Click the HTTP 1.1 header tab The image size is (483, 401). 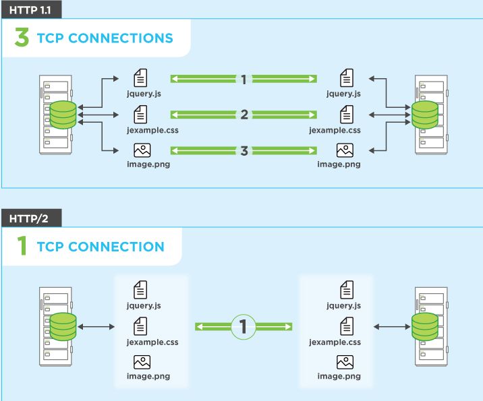click(x=32, y=9)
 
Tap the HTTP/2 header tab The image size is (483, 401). click(x=32, y=218)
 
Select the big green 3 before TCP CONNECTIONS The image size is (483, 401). click(x=22, y=37)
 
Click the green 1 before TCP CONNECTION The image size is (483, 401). click(x=22, y=245)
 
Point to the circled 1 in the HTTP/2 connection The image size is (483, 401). click(x=244, y=326)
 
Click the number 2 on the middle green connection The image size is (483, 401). click(x=244, y=115)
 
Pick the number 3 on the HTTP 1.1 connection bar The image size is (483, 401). click(x=244, y=151)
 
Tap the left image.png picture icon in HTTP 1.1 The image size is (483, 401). click(x=142, y=150)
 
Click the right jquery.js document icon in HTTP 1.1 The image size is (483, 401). click(x=347, y=78)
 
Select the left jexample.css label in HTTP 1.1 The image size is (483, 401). click(x=152, y=130)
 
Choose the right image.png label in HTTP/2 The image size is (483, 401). click(x=339, y=376)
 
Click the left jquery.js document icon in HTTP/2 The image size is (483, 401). click(x=140, y=290)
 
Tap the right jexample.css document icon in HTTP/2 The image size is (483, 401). click(x=347, y=326)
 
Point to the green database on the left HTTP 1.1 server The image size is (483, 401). click(x=63, y=115)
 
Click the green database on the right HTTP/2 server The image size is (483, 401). click(x=425, y=327)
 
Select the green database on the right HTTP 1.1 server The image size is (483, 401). click(x=425, y=115)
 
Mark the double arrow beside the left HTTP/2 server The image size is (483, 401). click(x=96, y=326)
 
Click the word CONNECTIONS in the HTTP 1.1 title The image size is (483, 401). click(x=121, y=38)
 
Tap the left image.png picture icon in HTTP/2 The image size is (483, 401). click(x=142, y=362)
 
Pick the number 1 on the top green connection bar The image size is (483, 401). click(x=244, y=80)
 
